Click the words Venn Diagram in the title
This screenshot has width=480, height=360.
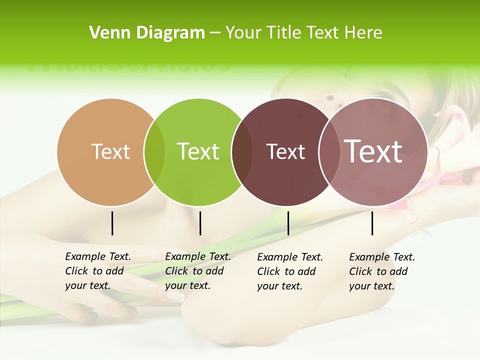146,33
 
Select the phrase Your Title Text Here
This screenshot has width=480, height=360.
303,33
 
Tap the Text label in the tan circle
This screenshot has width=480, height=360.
110,151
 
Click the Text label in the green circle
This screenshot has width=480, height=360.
198,151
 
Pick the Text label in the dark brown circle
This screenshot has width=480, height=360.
285,152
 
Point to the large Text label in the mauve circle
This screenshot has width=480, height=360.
373,151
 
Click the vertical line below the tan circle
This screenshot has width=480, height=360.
112,223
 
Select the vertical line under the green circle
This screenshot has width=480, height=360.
200,223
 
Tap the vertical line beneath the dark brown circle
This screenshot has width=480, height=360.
288,223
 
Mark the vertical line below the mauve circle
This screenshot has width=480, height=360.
372,223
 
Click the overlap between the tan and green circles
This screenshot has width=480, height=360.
154,152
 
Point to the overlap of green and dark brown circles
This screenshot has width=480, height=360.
242,152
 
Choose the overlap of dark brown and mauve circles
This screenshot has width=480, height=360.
327,152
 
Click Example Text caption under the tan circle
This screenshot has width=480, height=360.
97,270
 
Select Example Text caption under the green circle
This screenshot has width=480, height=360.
197,270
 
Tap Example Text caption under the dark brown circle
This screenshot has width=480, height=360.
289,271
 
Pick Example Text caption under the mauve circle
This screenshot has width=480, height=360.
381,271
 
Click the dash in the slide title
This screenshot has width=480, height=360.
215,33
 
